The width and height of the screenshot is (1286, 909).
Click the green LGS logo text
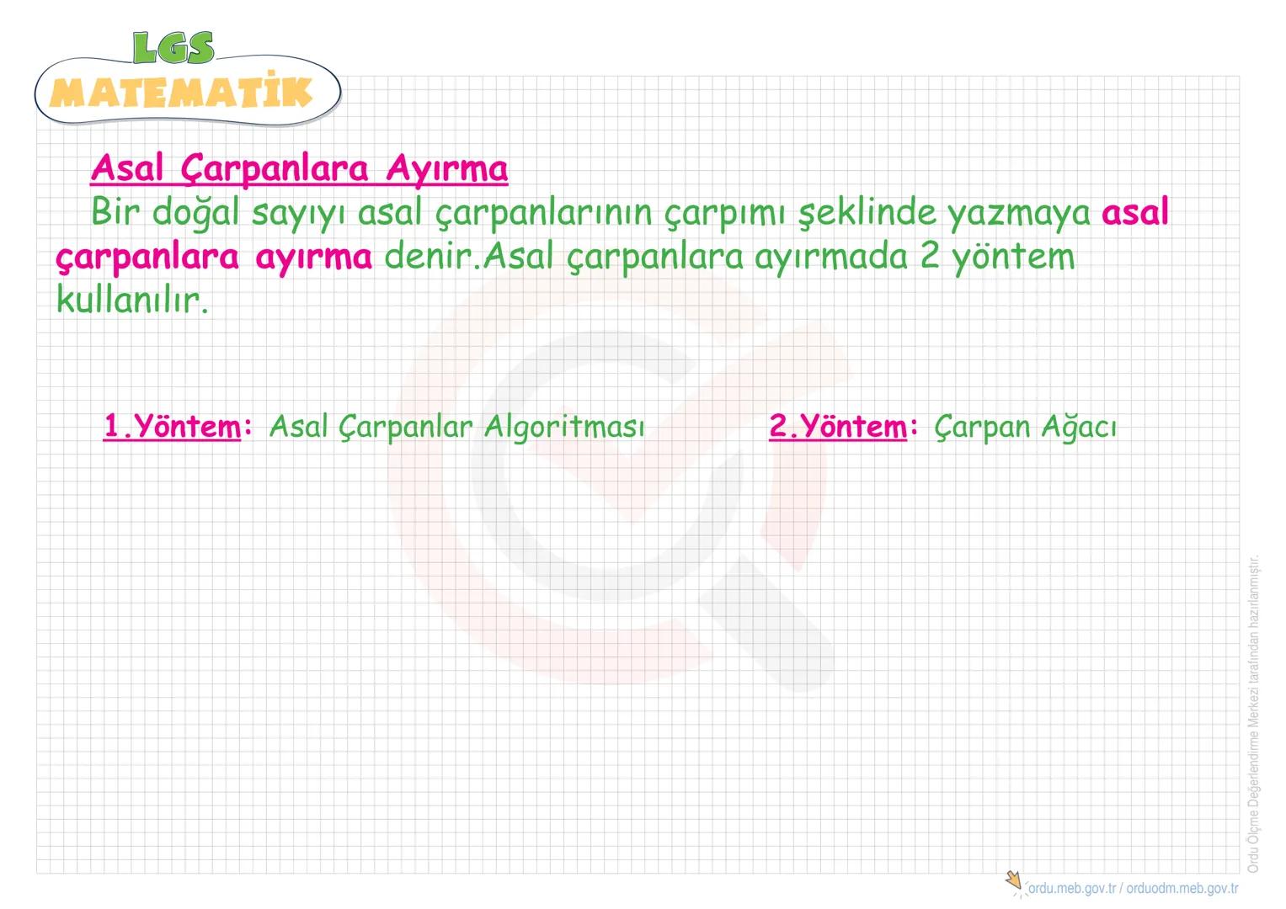tap(173, 48)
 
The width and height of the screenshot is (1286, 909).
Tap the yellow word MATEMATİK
tap(181, 92)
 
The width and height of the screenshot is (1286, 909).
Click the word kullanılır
tap(131, 300)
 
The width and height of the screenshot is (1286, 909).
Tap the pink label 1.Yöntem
tap(173, 427)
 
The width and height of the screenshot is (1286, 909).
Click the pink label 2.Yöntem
tap(838, 427)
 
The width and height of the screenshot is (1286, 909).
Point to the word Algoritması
tap(563, 427)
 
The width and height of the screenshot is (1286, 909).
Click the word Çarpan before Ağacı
tap(982, 427)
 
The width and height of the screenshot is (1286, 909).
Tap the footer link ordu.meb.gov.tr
tap(1072, 889)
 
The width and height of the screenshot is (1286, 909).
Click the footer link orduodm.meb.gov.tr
tap(1182, 889)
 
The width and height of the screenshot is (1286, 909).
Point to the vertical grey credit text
tap(1253, 712)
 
